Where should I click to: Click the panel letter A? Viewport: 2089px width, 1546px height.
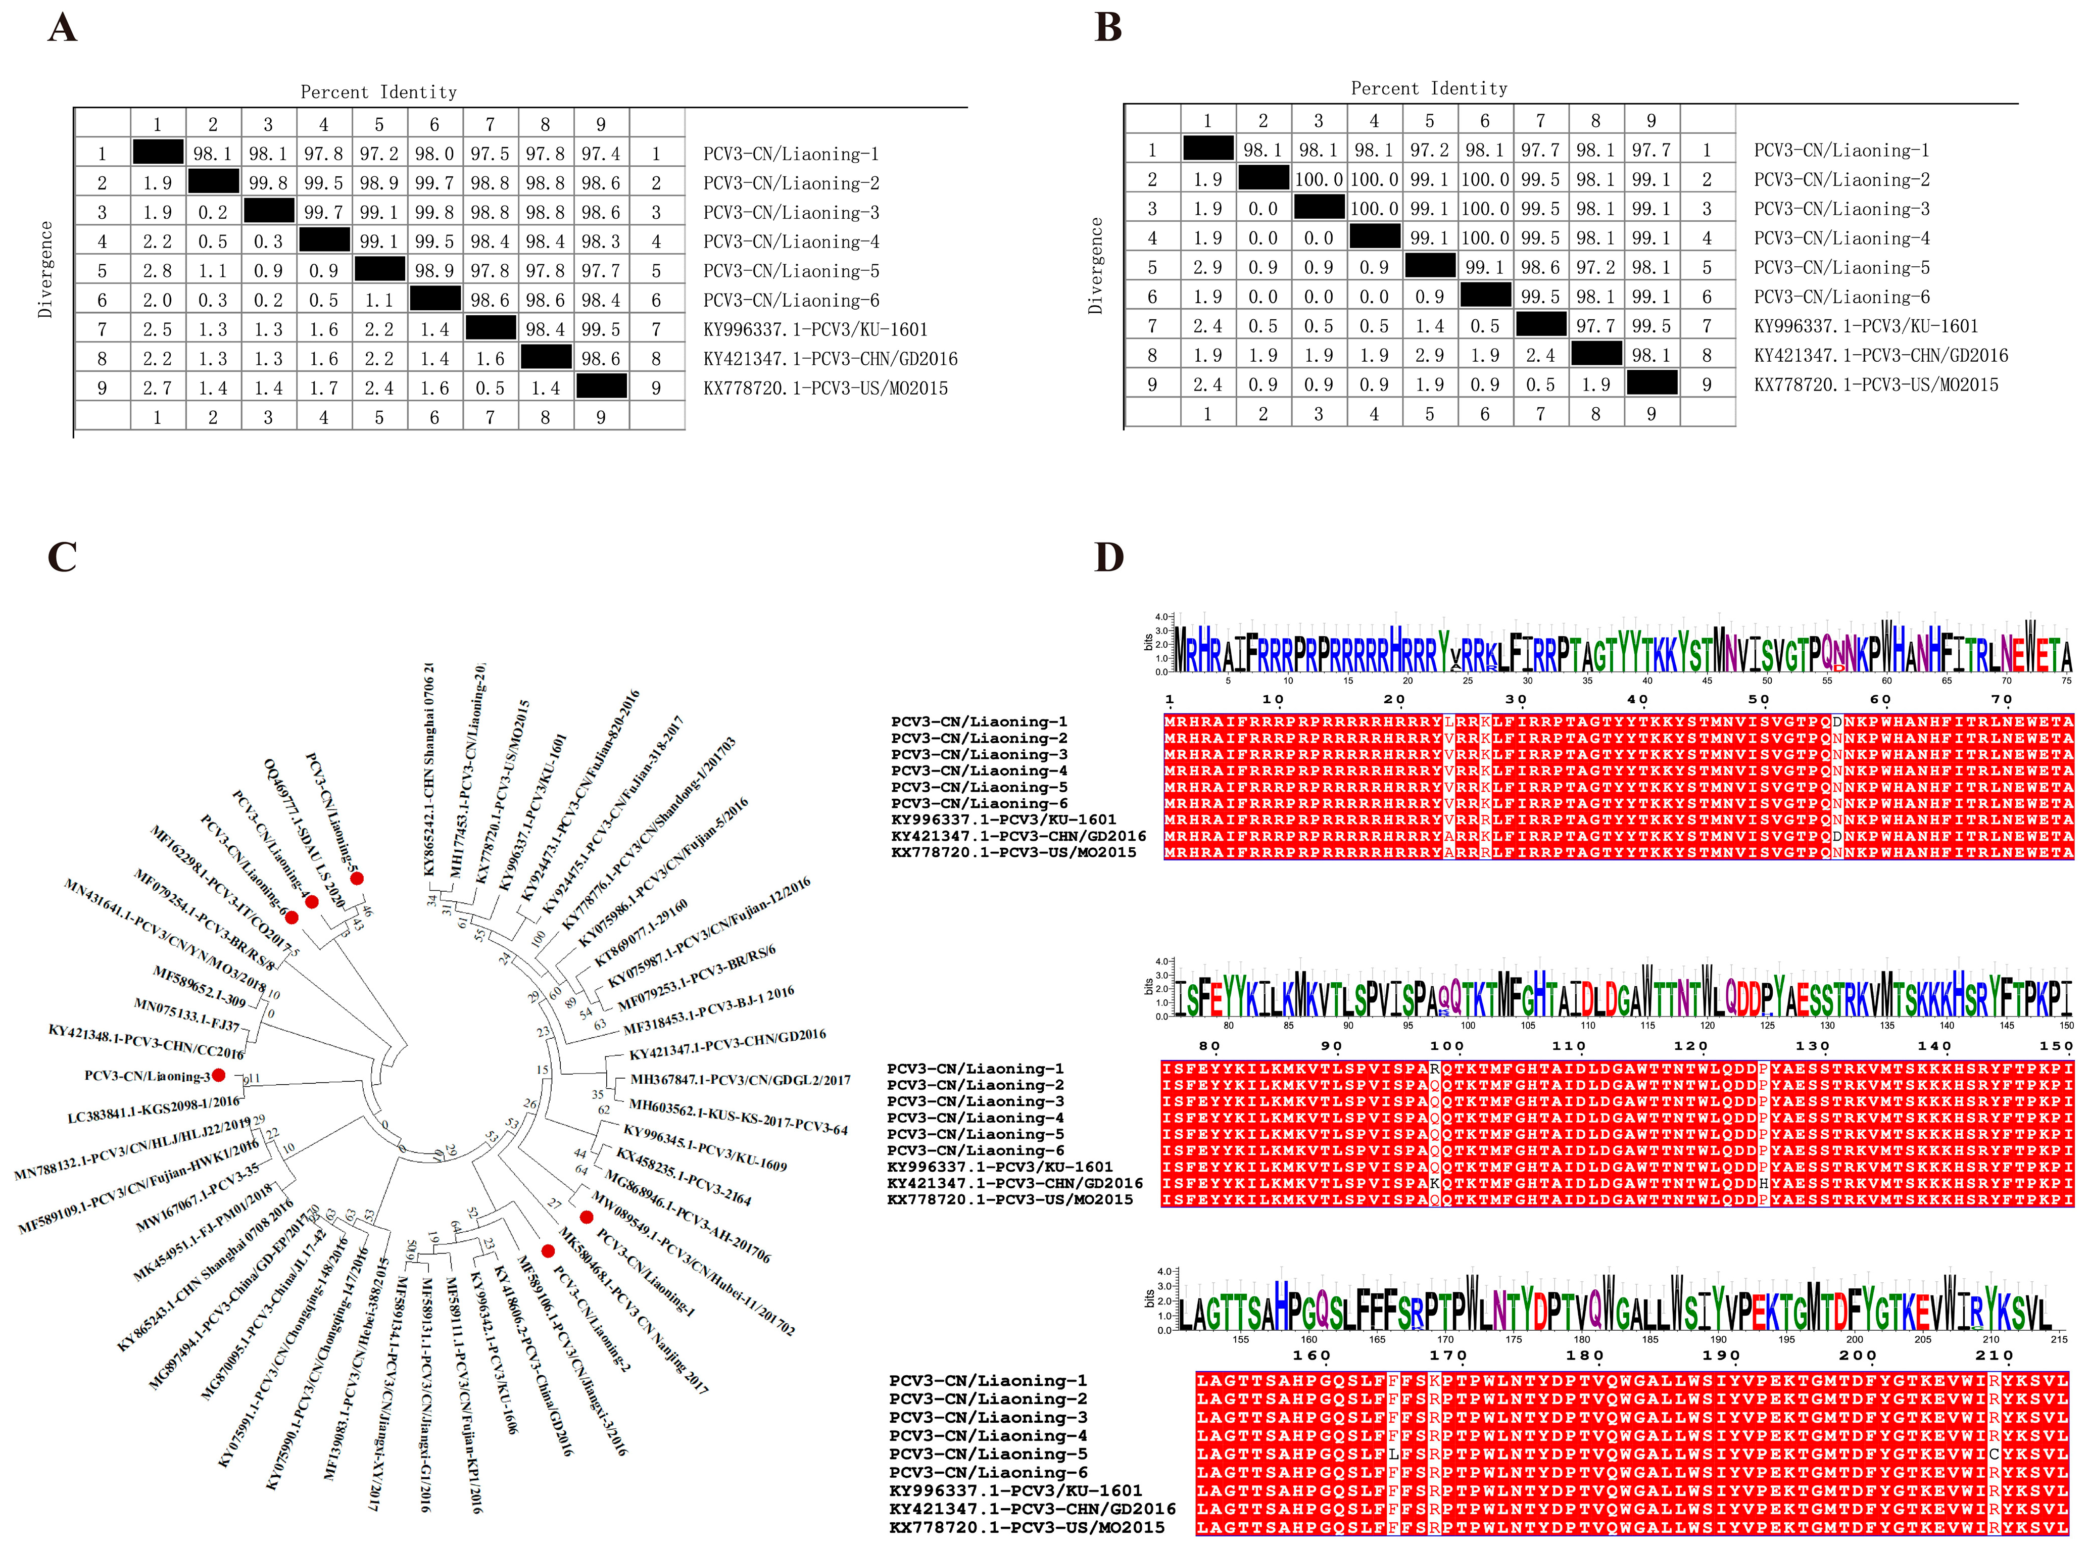click(x=62, y=28)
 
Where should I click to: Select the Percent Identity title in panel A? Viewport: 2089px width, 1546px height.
click(x=378, y=92)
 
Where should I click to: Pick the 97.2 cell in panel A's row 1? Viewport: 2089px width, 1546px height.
click(x=379, y=154)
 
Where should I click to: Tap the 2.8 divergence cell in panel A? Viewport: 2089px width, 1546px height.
click(x=157, y=270)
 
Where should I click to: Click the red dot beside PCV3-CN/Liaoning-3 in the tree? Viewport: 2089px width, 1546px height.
click(x=218, y=1074)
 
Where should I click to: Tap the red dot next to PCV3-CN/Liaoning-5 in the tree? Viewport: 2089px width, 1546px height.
click(x=357, y=878)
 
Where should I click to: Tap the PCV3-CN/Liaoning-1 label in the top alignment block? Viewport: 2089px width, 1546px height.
click(x=979, y=721)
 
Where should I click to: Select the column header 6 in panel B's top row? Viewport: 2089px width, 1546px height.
click(x=1485, y=121)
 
